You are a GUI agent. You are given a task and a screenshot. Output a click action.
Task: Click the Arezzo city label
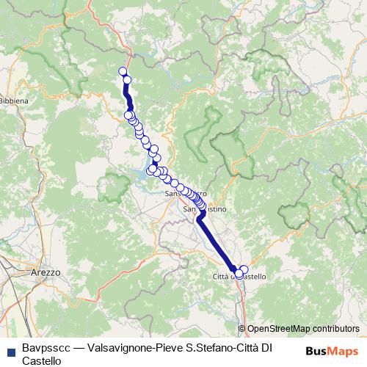pyautogui.click(x=46, y=272)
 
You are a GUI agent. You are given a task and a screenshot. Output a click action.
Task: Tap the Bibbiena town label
pyautogui.click(x=13, y=99)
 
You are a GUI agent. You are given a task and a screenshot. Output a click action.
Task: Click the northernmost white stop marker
pyautogui.click(x=123, y=71)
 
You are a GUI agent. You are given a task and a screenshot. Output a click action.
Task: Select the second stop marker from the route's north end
pyautogui.click(x=127, y=80)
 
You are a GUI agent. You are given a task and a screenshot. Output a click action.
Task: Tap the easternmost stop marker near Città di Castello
pyautogui.click(x=244, y=269)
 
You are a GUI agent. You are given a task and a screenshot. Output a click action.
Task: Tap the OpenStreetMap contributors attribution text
pyautogui.click(x=303, y=329)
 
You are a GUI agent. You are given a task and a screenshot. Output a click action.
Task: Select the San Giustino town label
pyautogui.click(x=214, y=209)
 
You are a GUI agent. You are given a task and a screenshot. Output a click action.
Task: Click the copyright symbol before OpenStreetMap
pyautogui.click(x=241, y=329)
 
